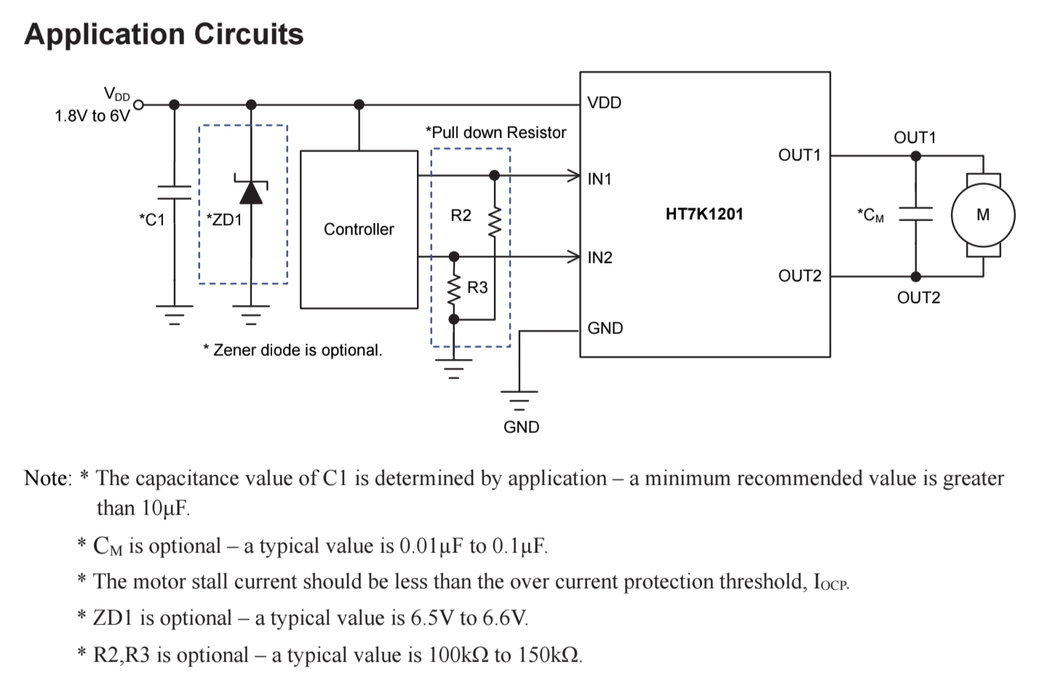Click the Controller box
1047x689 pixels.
click(x=359, y=229)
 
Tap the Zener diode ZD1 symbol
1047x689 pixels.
click(x=251, y=191)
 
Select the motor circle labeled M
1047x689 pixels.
click(x=982, y=215)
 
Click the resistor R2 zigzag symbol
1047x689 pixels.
click(x=495, y=222)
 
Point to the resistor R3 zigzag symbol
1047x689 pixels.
click(x=454, y=290)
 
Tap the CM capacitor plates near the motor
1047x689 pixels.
click(x=915, y=214)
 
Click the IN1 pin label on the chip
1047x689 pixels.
click(x=600, y=179)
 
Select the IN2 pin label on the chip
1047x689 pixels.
click(x=600, y=258)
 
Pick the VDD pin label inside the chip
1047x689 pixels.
click(x=604, y=103)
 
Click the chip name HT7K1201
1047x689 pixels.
click(x=704, y=214)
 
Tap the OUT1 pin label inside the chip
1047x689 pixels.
click(x=799, y=155)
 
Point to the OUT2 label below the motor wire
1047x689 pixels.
click(x=918, y=298)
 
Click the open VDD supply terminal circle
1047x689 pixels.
click(x=138, y=105)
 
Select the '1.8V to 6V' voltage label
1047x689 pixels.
click(x=92, y=116)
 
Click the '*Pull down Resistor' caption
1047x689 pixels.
click(x=495, y=132)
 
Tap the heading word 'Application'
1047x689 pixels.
click(x=102, y=34)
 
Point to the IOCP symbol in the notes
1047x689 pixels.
click(x=830, y=583)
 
